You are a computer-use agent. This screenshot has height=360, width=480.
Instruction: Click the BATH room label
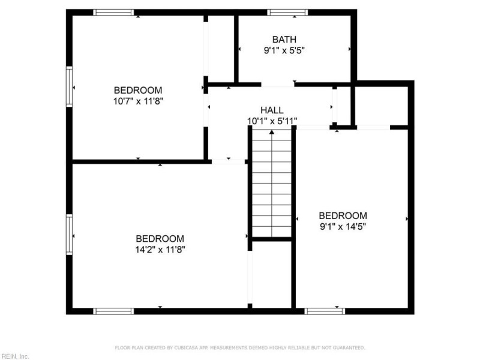click(284, 40)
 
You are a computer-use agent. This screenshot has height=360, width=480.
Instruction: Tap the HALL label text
click(272, 110)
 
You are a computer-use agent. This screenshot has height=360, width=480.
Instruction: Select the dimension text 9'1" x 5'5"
click(285, 51)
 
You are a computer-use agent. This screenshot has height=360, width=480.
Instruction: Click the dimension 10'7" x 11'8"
click(139, 101)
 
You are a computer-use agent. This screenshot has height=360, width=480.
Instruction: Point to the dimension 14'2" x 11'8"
click(160, 250)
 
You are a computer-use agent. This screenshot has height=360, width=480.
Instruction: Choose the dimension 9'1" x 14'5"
click(343, 227)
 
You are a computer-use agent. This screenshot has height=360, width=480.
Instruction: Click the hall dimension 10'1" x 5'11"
click(272, 121)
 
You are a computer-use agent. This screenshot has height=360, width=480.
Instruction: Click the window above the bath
click(287, 12)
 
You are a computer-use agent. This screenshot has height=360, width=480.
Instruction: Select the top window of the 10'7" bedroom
click(114, 12)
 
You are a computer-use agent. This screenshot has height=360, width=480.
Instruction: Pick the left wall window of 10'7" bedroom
click(70, 87)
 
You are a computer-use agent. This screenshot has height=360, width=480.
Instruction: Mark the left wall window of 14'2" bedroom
click(70, 235)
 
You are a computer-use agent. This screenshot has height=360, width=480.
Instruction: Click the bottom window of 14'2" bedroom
click(114, 311)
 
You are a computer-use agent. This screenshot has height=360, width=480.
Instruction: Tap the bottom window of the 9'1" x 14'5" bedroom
click(325, 311)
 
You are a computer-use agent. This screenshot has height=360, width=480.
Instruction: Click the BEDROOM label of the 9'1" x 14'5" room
click(343, 216)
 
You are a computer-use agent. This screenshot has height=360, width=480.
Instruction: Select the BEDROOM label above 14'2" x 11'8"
click(160, 238)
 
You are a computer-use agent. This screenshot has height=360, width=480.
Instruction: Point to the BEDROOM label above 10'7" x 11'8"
click(139, 90)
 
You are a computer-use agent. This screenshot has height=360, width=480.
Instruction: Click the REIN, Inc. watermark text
click(15, 356)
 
